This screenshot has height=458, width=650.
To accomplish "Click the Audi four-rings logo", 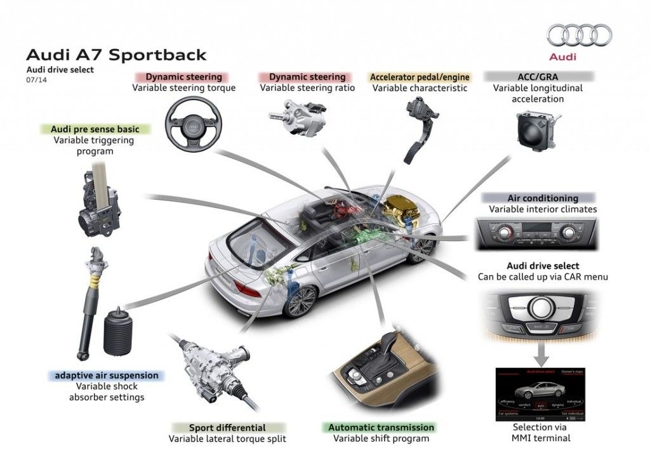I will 579,36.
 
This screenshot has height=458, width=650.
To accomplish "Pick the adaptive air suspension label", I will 106,376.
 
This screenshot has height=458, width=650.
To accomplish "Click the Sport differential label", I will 227,428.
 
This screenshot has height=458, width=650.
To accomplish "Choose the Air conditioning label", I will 542,198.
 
